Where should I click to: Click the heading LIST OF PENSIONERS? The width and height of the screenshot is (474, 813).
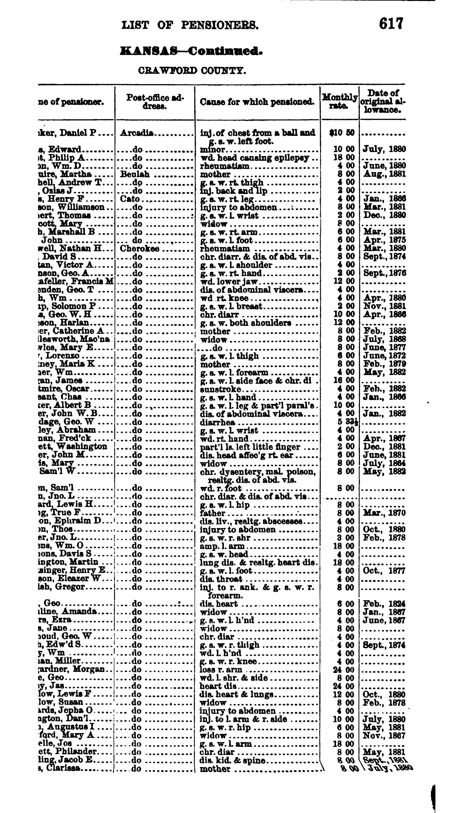(190, 25)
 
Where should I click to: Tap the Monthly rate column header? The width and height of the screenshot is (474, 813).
(339, 101)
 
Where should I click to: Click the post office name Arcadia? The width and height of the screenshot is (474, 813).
(137, 133)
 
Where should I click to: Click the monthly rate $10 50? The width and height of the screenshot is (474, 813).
(341, 133)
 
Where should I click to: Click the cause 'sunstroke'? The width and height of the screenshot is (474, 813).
(221, 389)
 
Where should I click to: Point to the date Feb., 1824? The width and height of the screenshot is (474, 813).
(384, 604)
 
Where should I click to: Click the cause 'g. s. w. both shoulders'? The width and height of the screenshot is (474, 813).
(246, 323)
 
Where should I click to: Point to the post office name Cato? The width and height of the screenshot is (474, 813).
(130, 199)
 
